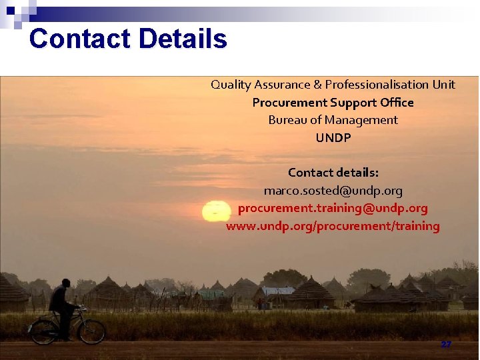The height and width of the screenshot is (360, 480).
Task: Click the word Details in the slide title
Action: (x=183, y=39)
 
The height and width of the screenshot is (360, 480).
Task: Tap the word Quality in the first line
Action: (x=231, y=85)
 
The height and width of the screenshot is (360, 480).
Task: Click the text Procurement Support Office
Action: (x=333, y=103)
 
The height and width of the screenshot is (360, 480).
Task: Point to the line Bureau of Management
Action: (x=333, y=120)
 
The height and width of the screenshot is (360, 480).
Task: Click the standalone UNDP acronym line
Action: (x=333, y=138)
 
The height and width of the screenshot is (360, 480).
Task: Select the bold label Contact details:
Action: (x=333, y=173)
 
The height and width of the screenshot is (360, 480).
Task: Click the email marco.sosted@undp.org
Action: (x=333, y=191)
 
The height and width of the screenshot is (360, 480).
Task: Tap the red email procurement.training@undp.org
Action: (x=333, y=208)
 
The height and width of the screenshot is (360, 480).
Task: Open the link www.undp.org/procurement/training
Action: (x=333, y=226)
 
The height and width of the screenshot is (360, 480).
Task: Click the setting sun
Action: (x=215, y=211)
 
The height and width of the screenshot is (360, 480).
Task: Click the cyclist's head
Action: (x=65, y=283)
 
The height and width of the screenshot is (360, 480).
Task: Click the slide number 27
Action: (x=445, y=345)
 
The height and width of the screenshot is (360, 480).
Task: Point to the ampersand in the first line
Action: (x=318, y=85)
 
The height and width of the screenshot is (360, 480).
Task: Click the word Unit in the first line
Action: (x=443, y=85)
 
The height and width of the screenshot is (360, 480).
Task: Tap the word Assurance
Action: (x=283, y=85)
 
